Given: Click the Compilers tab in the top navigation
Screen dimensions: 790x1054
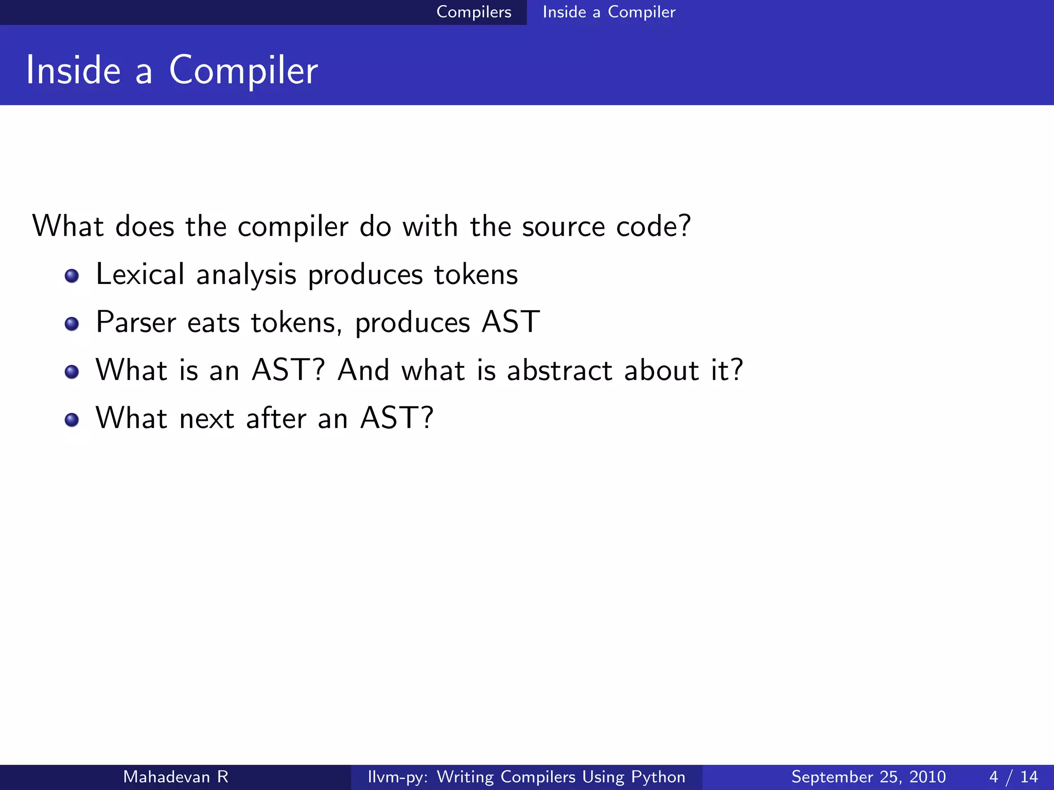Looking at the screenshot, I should pos(473,12).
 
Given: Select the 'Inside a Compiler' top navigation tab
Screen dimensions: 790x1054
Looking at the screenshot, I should pos(608,12).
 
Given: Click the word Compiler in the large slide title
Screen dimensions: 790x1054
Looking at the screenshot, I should pos(243,71).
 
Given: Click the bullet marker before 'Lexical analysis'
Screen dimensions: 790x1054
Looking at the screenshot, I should pos(72,276).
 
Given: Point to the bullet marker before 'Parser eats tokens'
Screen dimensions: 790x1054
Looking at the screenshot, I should pos(72,324).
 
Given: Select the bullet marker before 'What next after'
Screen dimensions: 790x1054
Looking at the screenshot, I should pos(72,420).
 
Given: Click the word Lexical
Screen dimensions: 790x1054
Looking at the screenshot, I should pos(139,274).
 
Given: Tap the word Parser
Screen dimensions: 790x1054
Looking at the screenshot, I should pos(136,322).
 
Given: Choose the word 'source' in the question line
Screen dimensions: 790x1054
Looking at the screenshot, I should pos(563,227).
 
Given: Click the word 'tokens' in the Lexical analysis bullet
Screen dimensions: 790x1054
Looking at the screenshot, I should pos(476,275).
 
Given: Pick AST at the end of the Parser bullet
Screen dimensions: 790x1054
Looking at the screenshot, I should pos(511,322).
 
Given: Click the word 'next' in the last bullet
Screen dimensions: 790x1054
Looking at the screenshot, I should pos(207,418).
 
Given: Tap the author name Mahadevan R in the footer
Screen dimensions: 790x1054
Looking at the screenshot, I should pos(175,777).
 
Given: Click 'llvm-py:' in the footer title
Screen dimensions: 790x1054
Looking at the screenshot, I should pos(397,777).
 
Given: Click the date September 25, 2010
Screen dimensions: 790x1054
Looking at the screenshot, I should pos(868,777).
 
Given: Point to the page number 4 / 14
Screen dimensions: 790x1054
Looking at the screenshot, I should pos(1013,777).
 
